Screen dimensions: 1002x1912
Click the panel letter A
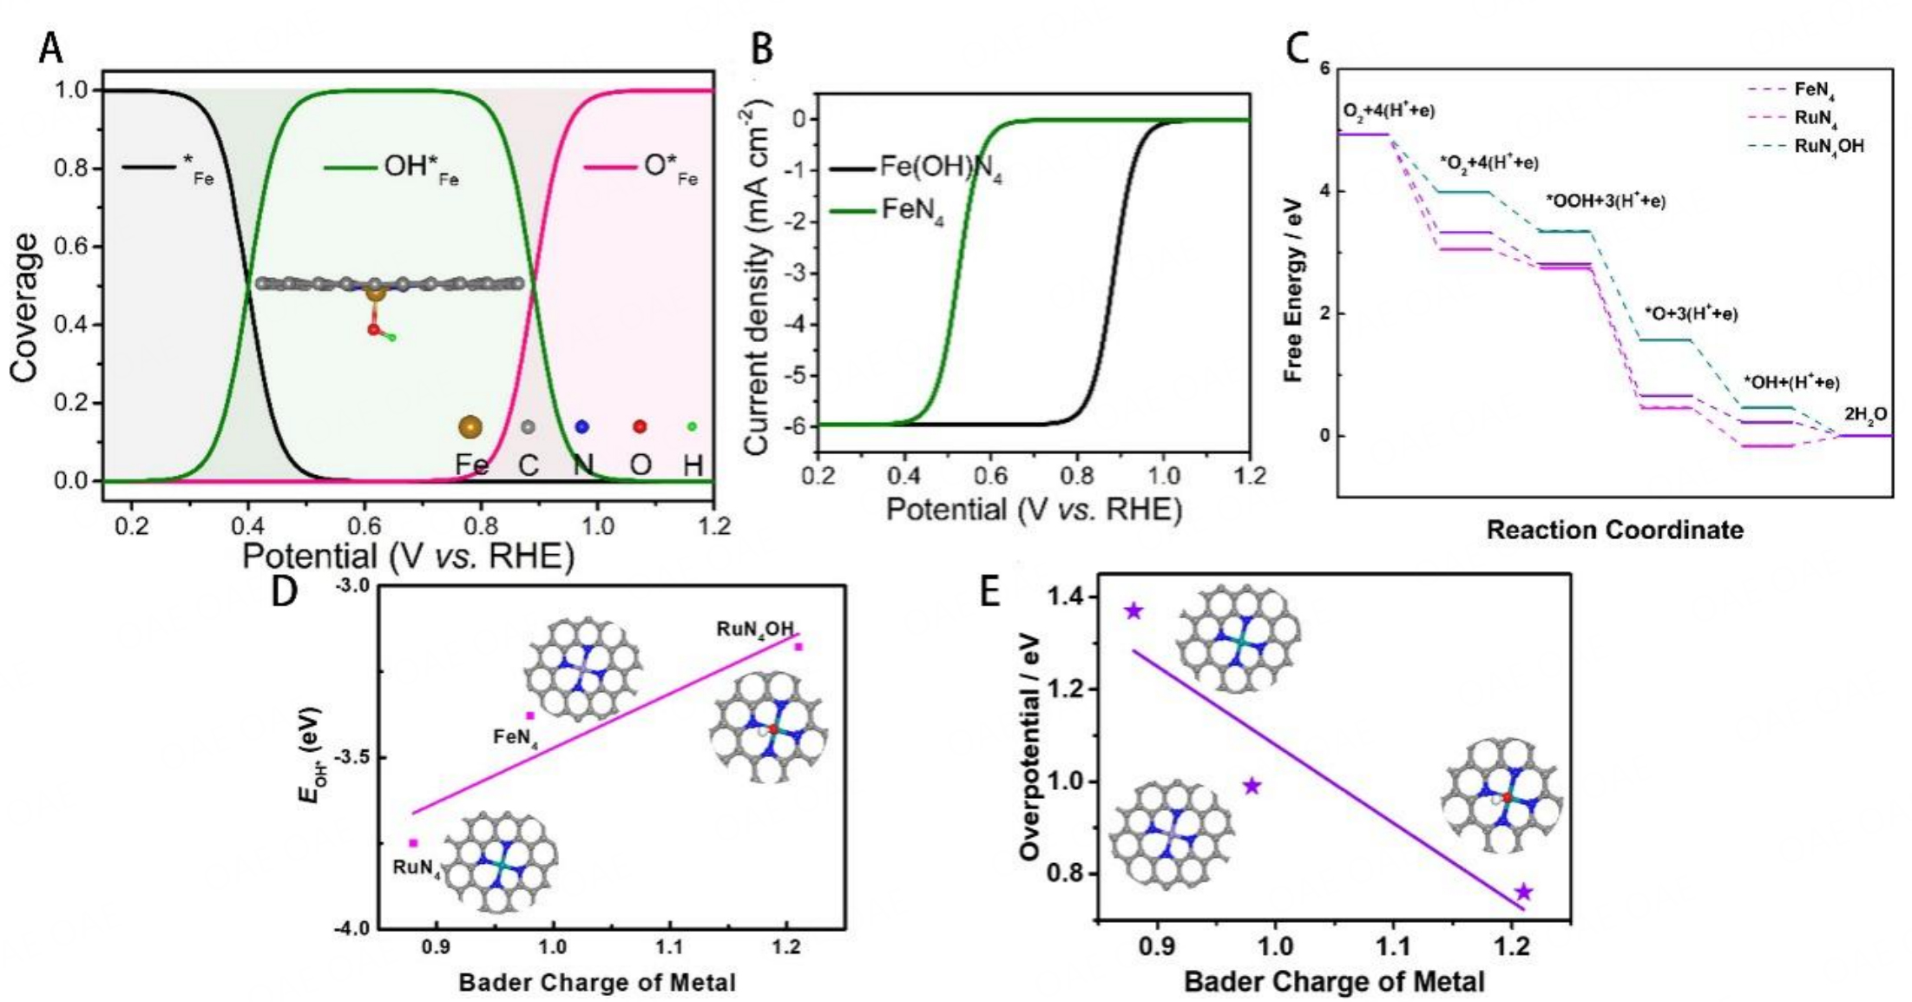(50, 49)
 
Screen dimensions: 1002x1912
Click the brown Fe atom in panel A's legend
(470, 426)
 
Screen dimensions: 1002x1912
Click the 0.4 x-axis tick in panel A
(247, 526)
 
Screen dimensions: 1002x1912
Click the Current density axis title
(756, 276)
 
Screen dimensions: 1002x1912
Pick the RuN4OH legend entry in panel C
(1829, 146)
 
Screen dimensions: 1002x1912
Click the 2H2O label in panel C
(1865, 416)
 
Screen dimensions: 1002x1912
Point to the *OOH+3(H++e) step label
(1605, 201)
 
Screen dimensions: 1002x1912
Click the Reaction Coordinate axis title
(1614, 530)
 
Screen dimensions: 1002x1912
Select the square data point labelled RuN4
(413, 843)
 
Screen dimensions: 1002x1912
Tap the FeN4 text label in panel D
(516, 738)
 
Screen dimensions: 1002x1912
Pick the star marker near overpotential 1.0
(1252, 787)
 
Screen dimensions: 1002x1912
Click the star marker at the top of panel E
(1133, 611)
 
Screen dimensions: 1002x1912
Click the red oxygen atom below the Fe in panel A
(373, 330)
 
